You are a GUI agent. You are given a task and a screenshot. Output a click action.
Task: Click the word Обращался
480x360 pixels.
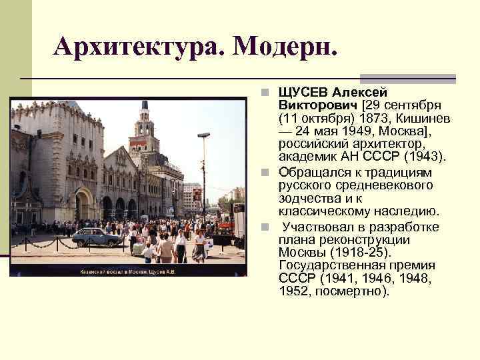[313, 172]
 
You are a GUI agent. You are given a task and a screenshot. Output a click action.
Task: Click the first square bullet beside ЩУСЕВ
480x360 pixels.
[265, 92]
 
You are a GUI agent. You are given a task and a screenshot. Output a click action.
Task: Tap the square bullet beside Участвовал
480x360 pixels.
[265, 227]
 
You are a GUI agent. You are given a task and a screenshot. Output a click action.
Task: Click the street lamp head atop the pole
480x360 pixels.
[203, 135]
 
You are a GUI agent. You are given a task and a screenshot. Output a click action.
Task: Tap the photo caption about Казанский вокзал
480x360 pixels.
[127, 272]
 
